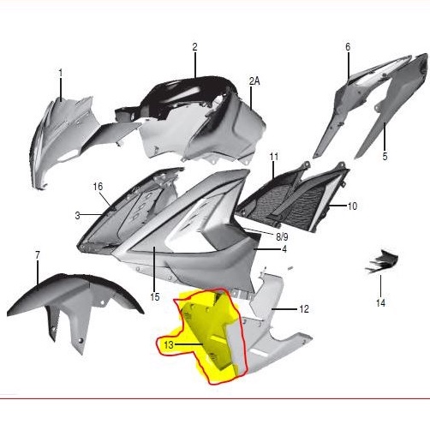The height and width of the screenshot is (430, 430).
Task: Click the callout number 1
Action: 61,73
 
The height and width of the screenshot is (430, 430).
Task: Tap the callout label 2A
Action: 254,81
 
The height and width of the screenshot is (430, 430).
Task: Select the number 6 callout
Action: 348,47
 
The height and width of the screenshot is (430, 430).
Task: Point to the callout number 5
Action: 385,157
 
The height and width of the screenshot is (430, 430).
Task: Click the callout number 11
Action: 274,158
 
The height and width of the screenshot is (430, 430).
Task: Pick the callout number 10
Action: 352,206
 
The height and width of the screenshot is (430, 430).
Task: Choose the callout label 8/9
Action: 281,235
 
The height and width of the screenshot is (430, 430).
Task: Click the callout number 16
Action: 98,187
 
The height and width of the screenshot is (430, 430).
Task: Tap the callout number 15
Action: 155,297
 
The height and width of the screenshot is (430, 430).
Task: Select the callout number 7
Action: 38,255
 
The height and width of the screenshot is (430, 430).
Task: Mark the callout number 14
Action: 380,302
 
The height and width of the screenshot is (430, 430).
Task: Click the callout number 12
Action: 304,308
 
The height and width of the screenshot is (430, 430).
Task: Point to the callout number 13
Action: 169,344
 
